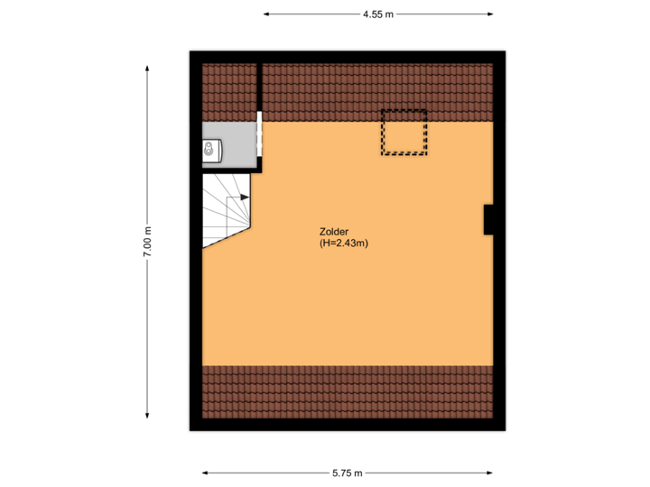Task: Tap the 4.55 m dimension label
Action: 377,14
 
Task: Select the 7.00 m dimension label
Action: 148,242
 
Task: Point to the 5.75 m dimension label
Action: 347,473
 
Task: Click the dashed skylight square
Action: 403,133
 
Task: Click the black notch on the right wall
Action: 488,220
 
